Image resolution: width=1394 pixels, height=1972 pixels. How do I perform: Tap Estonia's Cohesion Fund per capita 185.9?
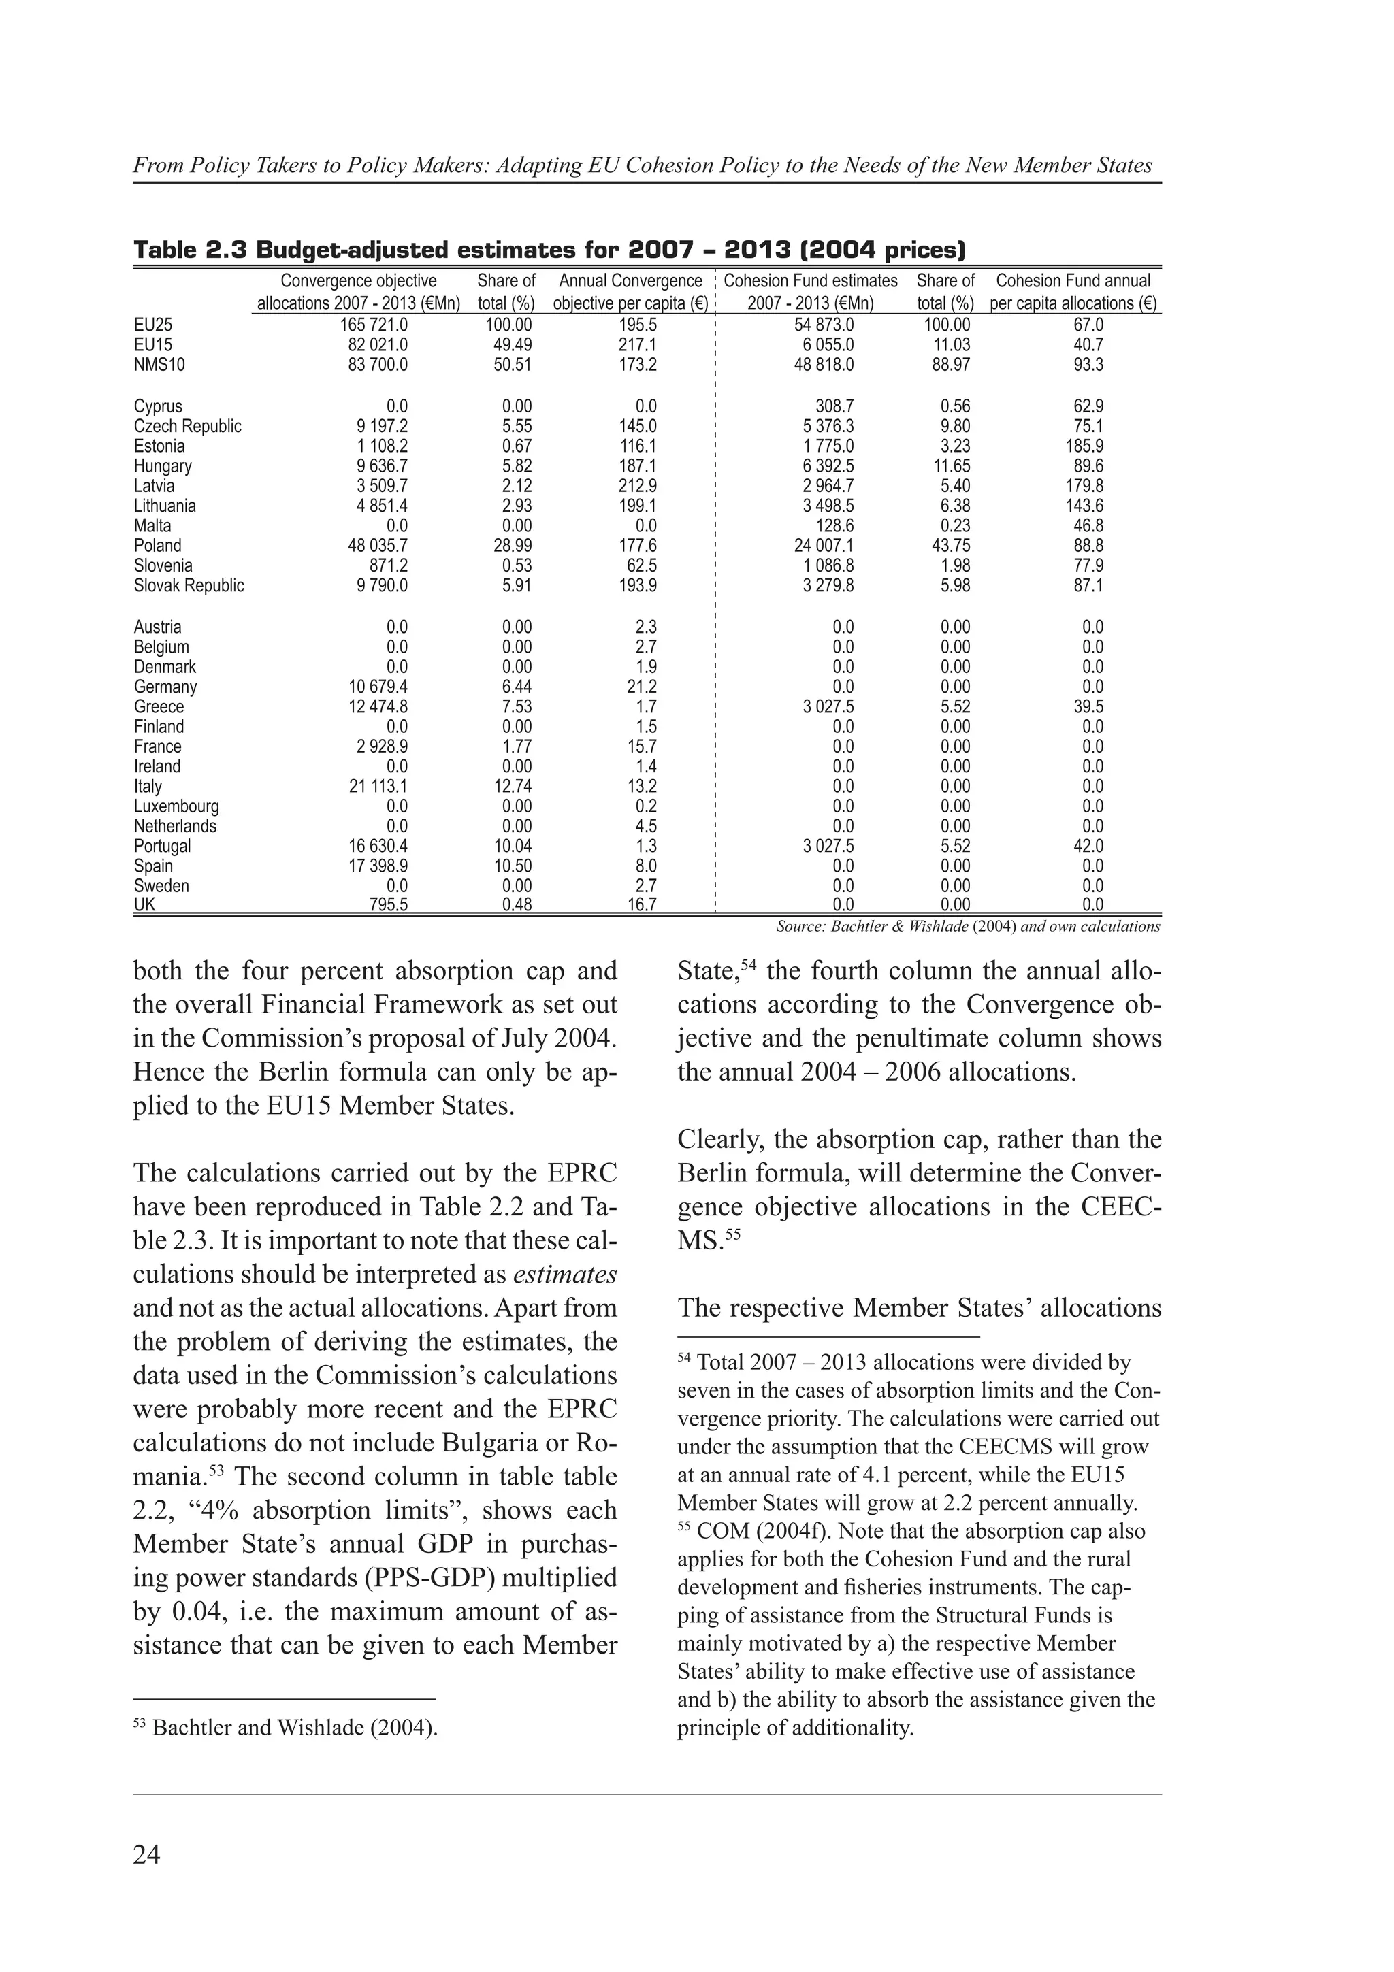pyautogui.click(x=1084, y=446)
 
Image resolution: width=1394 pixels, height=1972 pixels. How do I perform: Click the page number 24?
pyautogui.click(x=147, y=1854)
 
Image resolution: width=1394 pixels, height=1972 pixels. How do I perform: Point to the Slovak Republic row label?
pyautogui.click(x=189, y=586)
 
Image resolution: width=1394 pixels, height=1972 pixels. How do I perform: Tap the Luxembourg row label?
pyautogui.click(x=176, y=806)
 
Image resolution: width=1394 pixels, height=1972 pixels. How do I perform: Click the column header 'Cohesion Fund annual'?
pyautogui.click(x=1073, y=281)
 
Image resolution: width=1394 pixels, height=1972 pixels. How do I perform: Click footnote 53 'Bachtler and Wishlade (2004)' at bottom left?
pyautogui.click(x=295, y=1727)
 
